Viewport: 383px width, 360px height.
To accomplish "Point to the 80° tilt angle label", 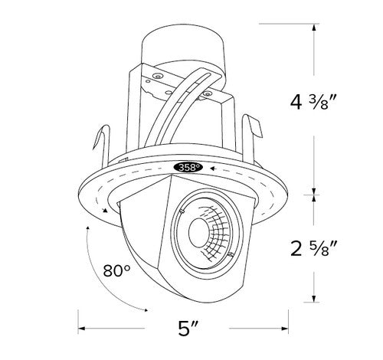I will coord(116,269).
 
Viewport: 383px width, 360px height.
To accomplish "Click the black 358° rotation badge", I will coord(187,166).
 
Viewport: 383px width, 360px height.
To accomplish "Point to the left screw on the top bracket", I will coord(157,77).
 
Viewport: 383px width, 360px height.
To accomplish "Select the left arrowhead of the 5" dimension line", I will coord(81,330).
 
